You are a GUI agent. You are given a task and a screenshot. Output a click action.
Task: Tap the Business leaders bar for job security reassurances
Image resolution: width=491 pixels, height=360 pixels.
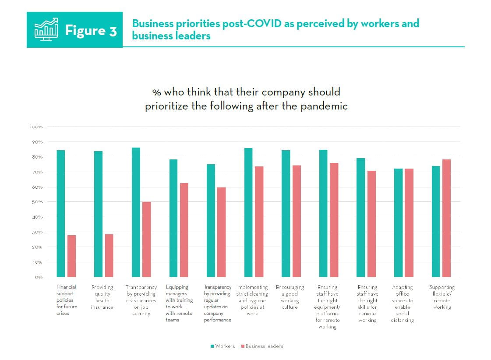146,239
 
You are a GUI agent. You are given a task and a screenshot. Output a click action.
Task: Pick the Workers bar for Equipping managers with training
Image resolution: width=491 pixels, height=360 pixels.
173,218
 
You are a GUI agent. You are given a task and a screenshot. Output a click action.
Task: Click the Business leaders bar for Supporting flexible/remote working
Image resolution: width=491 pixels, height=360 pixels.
446,218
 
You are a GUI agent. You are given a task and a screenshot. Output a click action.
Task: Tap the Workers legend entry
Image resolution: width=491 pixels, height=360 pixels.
223,346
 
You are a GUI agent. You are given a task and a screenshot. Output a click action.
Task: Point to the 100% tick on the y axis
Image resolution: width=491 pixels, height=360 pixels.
36,127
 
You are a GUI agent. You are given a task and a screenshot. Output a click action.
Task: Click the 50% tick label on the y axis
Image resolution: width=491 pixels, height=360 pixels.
37,202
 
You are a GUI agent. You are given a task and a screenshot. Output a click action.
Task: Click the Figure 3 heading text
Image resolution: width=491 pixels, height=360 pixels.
91,31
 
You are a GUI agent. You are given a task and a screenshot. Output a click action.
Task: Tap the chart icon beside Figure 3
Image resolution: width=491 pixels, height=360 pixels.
46,29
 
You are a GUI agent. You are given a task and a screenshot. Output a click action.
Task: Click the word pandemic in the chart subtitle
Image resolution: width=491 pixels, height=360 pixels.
327,106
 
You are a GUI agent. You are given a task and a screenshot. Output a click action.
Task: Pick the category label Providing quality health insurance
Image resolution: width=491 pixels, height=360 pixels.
102,297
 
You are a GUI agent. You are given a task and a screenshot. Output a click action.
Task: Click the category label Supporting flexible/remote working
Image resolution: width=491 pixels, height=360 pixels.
442,297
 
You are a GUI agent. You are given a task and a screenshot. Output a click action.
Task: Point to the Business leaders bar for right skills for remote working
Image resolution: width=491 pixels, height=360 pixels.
372,223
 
